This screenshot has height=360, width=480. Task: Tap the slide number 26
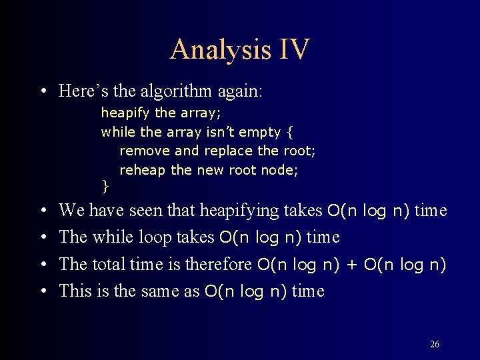[x=434, y=344]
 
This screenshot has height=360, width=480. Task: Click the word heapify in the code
[x=126, y=113]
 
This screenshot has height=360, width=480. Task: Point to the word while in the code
[x=117, y=132]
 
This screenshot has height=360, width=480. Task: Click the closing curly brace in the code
[x=104, y=184]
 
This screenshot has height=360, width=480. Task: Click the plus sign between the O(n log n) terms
[x=352, y=265]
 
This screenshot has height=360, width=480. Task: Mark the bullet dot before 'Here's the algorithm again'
[x=42, y=91]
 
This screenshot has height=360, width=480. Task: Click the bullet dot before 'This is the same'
[x=42, y=291]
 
